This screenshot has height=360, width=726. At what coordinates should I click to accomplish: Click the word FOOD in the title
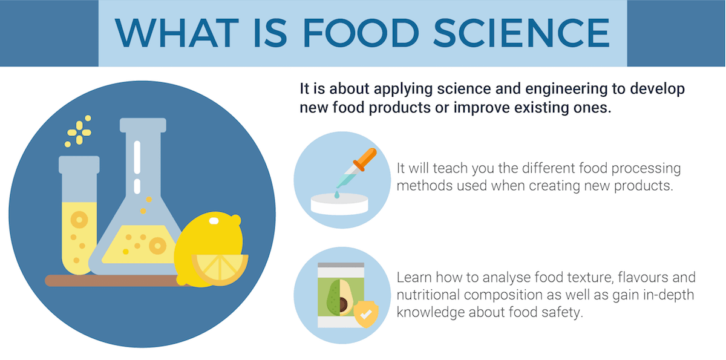point(361,33)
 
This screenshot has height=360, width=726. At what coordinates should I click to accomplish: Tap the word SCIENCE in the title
point(522,33)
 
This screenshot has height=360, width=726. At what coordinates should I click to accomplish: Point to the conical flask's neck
point(143,162)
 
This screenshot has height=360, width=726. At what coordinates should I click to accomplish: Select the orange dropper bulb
point(365,159)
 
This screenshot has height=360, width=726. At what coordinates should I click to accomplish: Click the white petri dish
point(339,204)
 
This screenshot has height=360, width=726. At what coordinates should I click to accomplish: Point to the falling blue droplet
point(337,194)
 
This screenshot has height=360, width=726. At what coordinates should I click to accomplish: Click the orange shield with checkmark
point(365,314)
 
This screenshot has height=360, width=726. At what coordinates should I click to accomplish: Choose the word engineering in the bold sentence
point(566,89)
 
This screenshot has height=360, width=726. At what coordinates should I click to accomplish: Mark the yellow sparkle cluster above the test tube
point(78,131)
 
